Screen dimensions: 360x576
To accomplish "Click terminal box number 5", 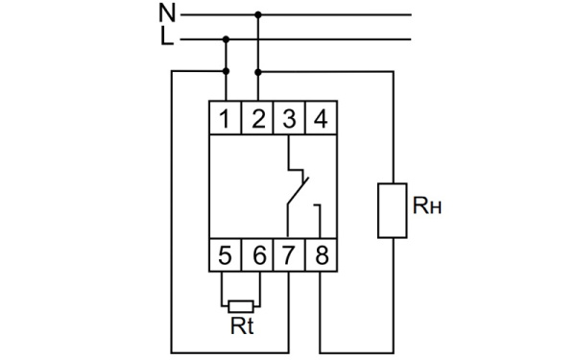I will [x=225, y=256].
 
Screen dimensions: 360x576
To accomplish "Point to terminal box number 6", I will [x=257, y=256].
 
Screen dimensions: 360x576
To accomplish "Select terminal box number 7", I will [x=289, y=256].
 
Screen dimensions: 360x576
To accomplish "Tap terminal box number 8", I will [x=321, y=256].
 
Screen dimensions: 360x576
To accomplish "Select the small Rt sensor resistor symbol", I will [x=241, y=304].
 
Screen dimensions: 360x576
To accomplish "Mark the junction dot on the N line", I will [x=257, y=15].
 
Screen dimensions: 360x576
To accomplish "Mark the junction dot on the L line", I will [x=226, y=39].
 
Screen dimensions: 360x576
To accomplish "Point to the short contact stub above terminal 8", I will [x=321, y=219].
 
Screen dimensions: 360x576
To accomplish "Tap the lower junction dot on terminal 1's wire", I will [x=226, y=71].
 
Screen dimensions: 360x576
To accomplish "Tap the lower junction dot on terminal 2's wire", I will [x=257, y=71].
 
